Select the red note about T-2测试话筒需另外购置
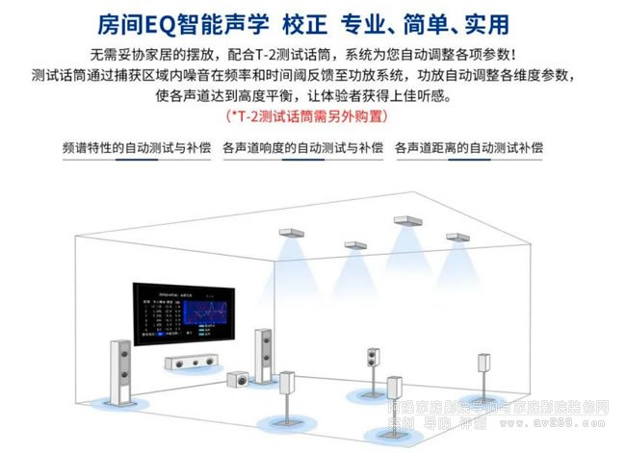(x=314, y=115)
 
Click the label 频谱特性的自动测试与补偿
(x=135, y=148)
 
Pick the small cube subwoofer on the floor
(x=237, y=379)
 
